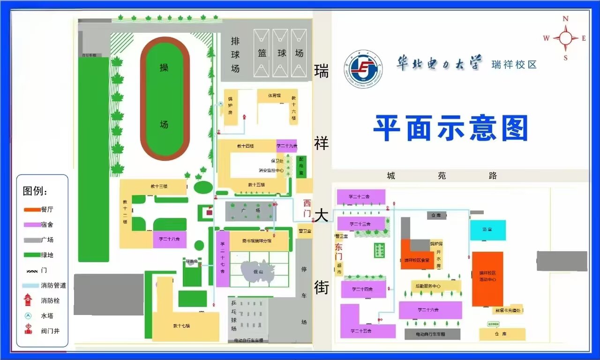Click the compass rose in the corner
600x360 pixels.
point(565,38)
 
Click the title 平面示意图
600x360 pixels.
point(450,128)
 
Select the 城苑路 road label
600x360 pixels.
point(442,176)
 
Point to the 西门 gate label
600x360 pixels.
point(307,208)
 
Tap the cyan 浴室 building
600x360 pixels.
point(487,230)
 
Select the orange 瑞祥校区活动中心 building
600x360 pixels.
point(487,279)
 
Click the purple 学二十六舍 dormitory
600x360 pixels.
point(430,310)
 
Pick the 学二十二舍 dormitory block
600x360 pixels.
point(360,196)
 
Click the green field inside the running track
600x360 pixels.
point(164,98)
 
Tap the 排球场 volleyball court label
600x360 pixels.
point(235,55)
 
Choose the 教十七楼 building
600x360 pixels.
point(185,325)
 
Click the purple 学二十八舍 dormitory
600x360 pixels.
point(169,239)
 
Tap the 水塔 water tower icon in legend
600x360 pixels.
point(28,316)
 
